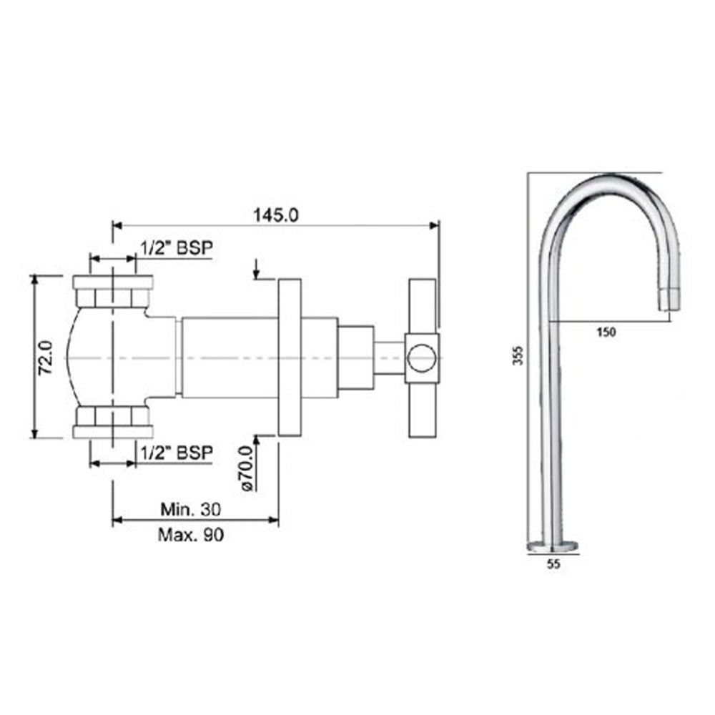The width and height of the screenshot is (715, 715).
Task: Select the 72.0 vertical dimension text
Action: pyautogui.click(x=44, y=357)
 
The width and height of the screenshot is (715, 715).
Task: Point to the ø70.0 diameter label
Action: pyautogui.click(x=247, y=468)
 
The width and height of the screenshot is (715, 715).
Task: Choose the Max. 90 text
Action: pyautogui.click(x=191, y=534)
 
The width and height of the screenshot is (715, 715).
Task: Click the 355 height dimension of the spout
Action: pyautogui.click(x=518, y=355)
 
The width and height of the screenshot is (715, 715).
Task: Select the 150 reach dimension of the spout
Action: pyautogui.click(x=605, y=332)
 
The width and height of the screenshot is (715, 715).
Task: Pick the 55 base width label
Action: pyautogui.click(x=552, y=563)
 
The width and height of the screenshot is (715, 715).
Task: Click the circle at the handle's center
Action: pyautogui.click(x=422, y=357)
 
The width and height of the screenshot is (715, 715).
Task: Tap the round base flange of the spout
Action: pyautogui.click(x=552, y=547)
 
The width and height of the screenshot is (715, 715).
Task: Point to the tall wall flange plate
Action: pyautogui.click(x=290, y=357)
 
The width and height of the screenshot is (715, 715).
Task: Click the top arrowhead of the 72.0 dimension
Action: pyautogui.click(x=34, y=280)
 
